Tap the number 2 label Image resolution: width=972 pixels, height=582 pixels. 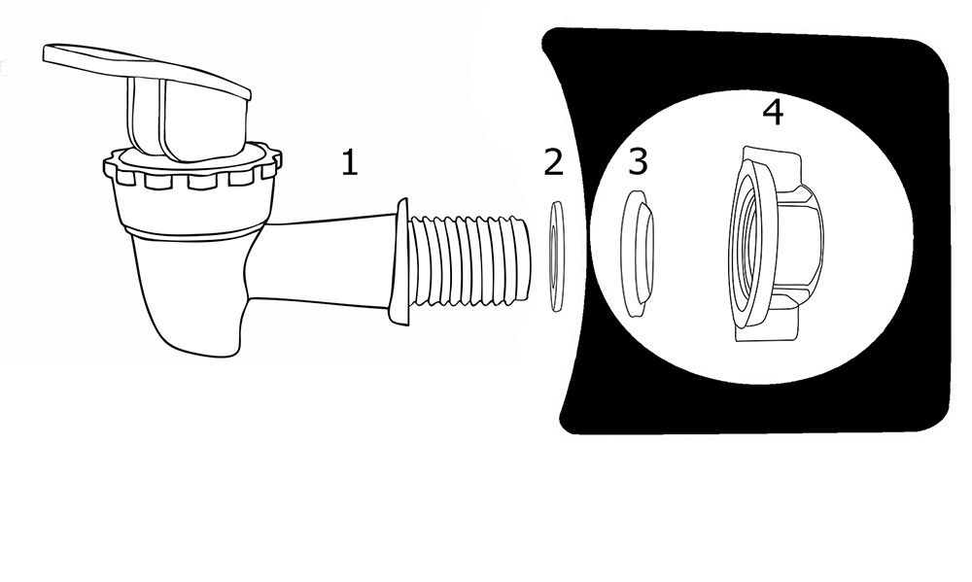point(554,162)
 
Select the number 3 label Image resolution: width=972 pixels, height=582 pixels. point(638,161)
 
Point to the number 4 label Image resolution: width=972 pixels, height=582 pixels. point(773,112)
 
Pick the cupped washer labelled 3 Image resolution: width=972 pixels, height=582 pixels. point(638,255)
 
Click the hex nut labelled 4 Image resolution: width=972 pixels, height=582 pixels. point(775,244)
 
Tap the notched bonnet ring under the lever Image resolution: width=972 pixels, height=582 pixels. point(192,168)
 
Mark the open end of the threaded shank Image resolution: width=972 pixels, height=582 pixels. point(526,260)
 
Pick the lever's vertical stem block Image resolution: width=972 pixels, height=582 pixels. point(186,118)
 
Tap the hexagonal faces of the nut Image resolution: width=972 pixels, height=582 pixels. point(797,245)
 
